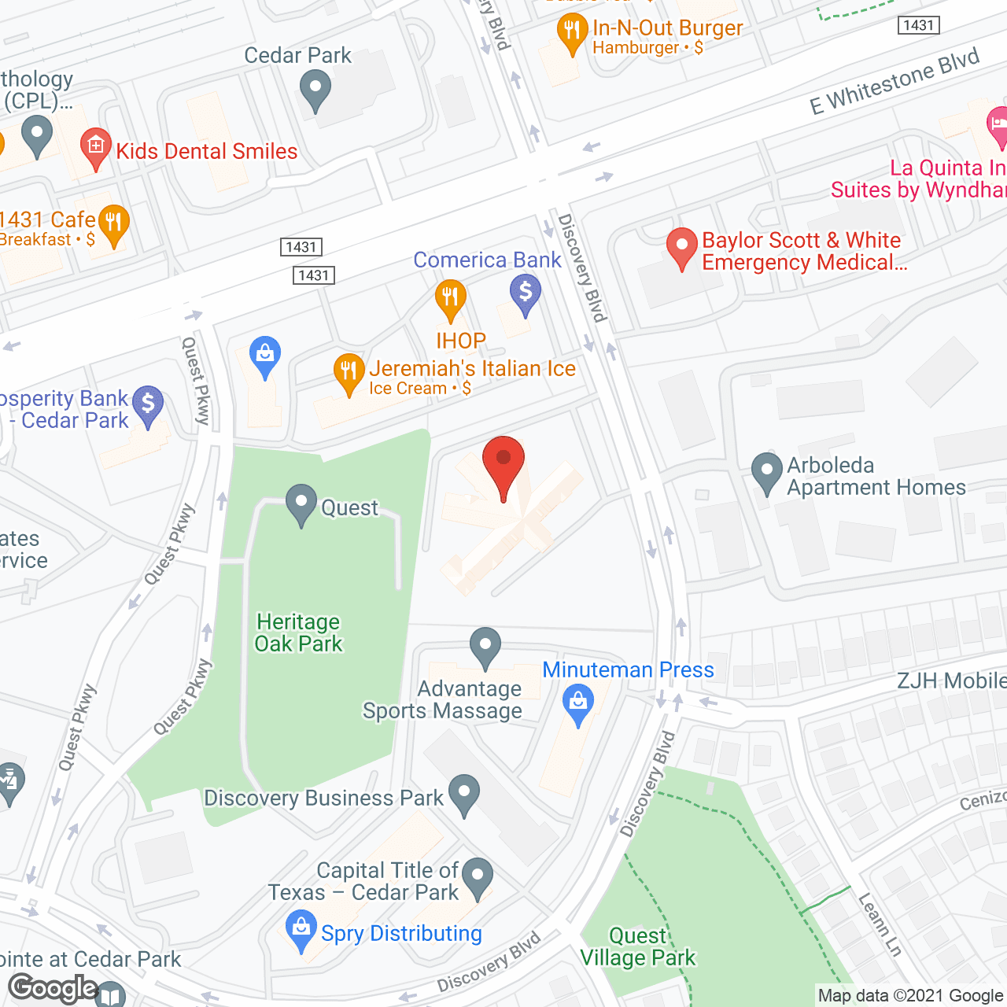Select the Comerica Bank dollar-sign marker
pos(526,293)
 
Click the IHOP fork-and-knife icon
pos(451,299)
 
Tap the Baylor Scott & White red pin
pos(681,248)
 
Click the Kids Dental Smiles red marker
pos(96,148)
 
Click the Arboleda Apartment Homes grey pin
pos(766,472)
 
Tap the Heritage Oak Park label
pos(299,633)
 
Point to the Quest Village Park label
pos(638,946)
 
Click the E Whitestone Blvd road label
pos(894,82)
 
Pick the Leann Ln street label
pos(880,924)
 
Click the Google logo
pos(53,988)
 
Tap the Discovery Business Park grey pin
pos(463,794)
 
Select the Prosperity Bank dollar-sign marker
pos(148,405)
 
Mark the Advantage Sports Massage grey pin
pos(485,647)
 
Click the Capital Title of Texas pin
pos(478,876)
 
